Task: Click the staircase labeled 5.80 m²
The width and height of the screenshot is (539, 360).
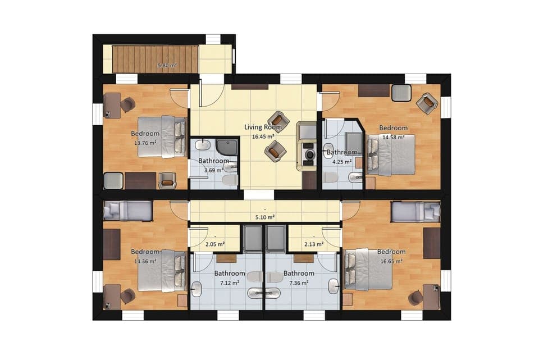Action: point(155,59)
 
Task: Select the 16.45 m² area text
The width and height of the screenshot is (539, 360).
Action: point(263,136)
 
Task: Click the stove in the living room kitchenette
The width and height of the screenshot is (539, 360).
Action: point(308,153)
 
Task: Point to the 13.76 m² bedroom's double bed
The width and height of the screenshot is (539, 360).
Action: point(162,136)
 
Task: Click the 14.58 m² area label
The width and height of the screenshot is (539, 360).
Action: point(393,136)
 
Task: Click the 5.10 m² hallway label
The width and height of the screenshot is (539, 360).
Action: point(265,217)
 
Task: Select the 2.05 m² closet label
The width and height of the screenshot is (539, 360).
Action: point(216,244)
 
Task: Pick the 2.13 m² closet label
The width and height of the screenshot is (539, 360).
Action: point(313,244)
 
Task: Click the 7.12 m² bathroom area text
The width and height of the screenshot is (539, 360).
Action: point(230,282)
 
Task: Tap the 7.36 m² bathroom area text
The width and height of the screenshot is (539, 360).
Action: point(299,282)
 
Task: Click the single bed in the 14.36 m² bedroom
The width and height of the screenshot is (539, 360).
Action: point(128,211)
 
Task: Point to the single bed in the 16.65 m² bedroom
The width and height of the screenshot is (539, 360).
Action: point(415,211)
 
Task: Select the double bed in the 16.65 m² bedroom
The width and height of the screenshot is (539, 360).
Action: point(368,269)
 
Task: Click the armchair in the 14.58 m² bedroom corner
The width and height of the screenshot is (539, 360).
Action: point(427,103)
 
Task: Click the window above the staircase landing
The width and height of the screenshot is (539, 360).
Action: point(213,39)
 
